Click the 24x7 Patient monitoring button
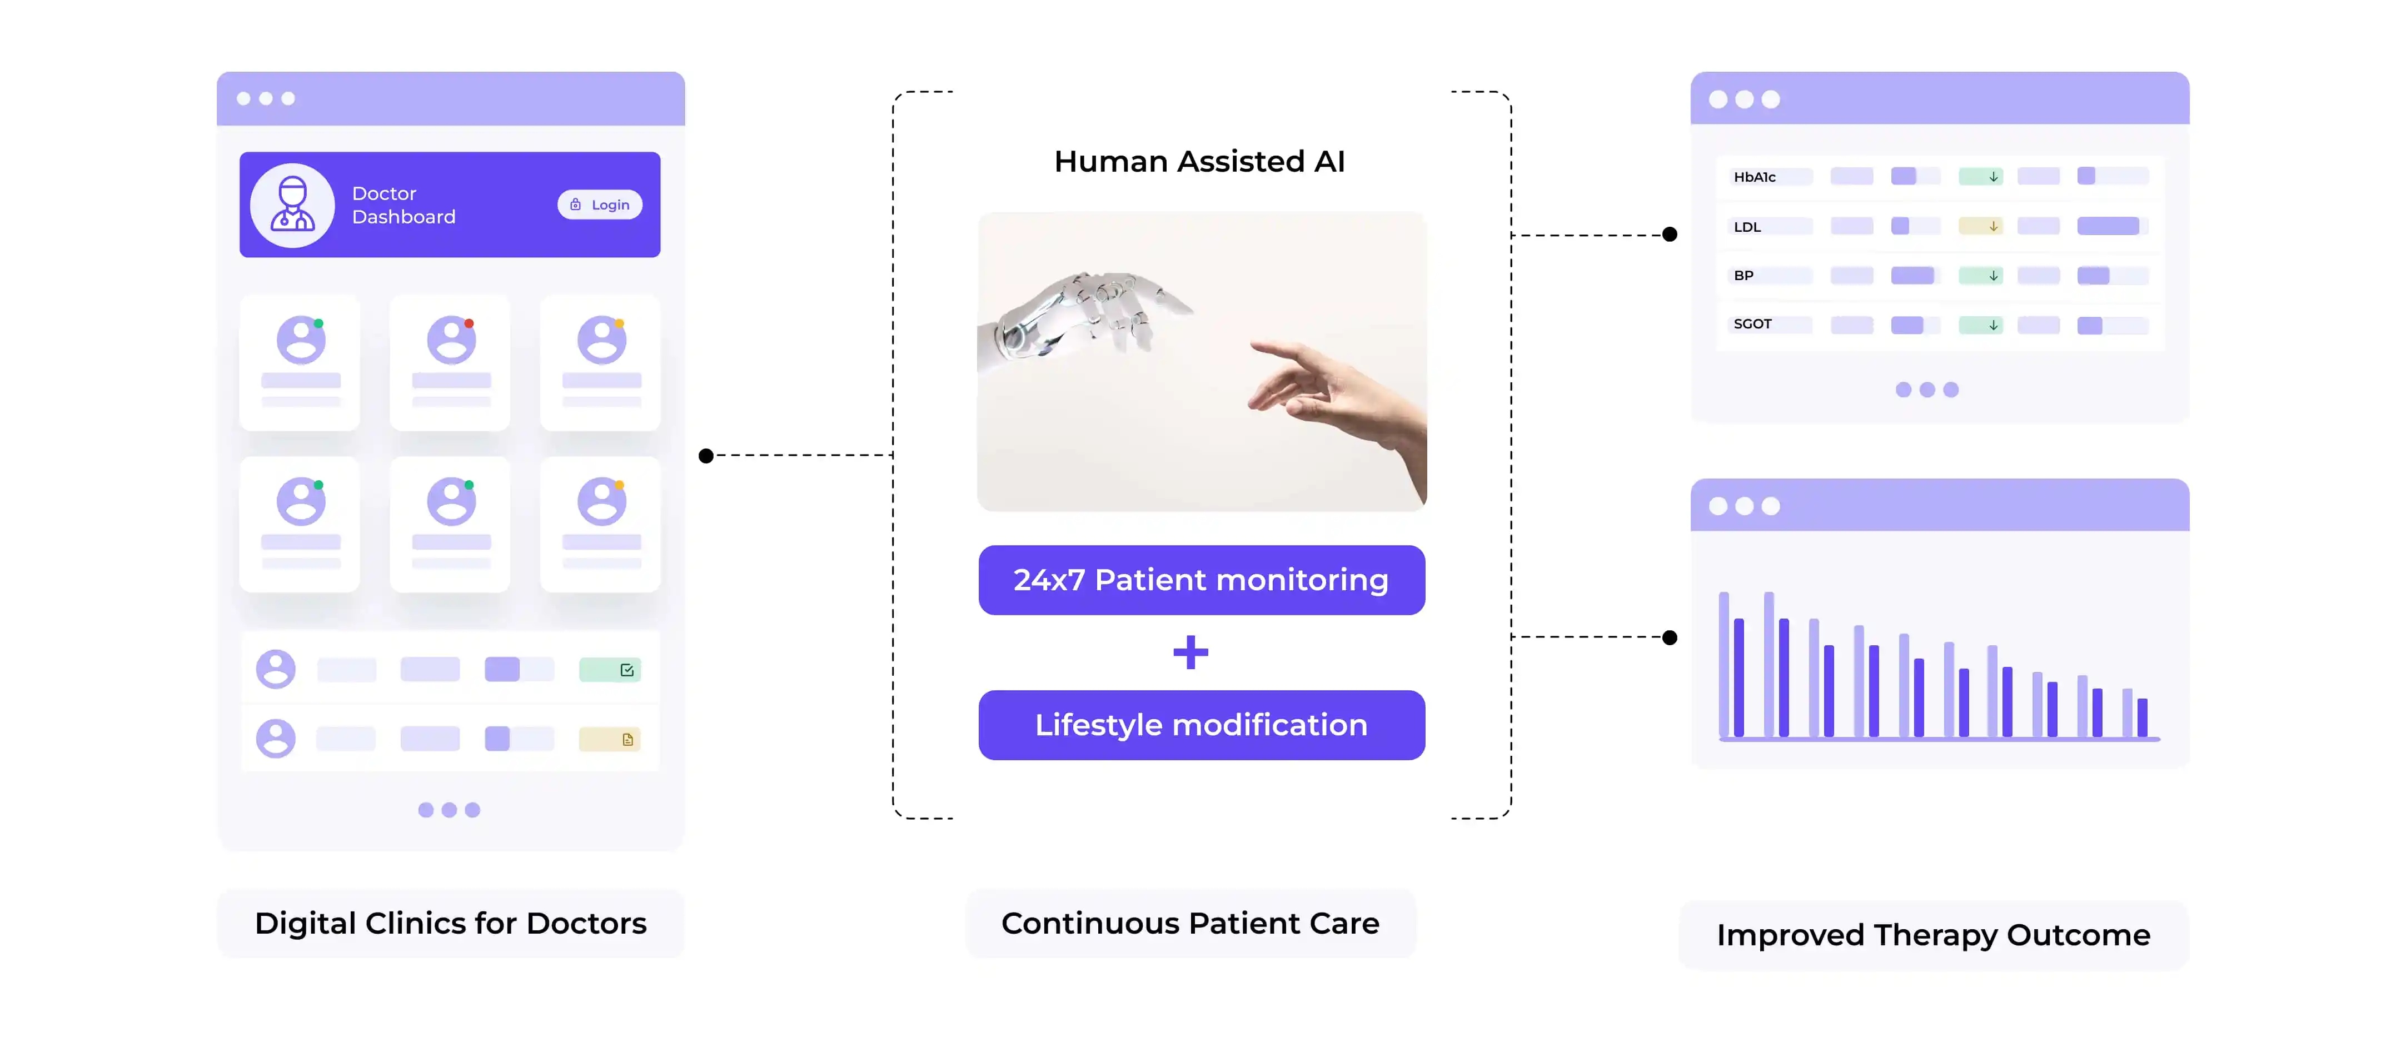click(x=1202, y=580)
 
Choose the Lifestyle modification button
click(x=1202, y=725)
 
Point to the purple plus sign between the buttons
click(x=1190, y=652)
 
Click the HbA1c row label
click(x=1754, y=177)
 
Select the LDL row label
click(x=1747, y=226)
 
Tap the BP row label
click(x=1743, y=276)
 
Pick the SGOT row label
click(x=1752, y=324)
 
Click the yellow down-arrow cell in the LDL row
click(x=1981, y=226)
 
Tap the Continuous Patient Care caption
click(x=1190, y=923)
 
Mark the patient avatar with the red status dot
click(x=452, y=340)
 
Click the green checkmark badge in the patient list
click(x=610, y=670)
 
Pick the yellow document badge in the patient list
click(x=610, y=740)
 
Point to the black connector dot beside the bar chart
click(x=1670, y=638)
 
